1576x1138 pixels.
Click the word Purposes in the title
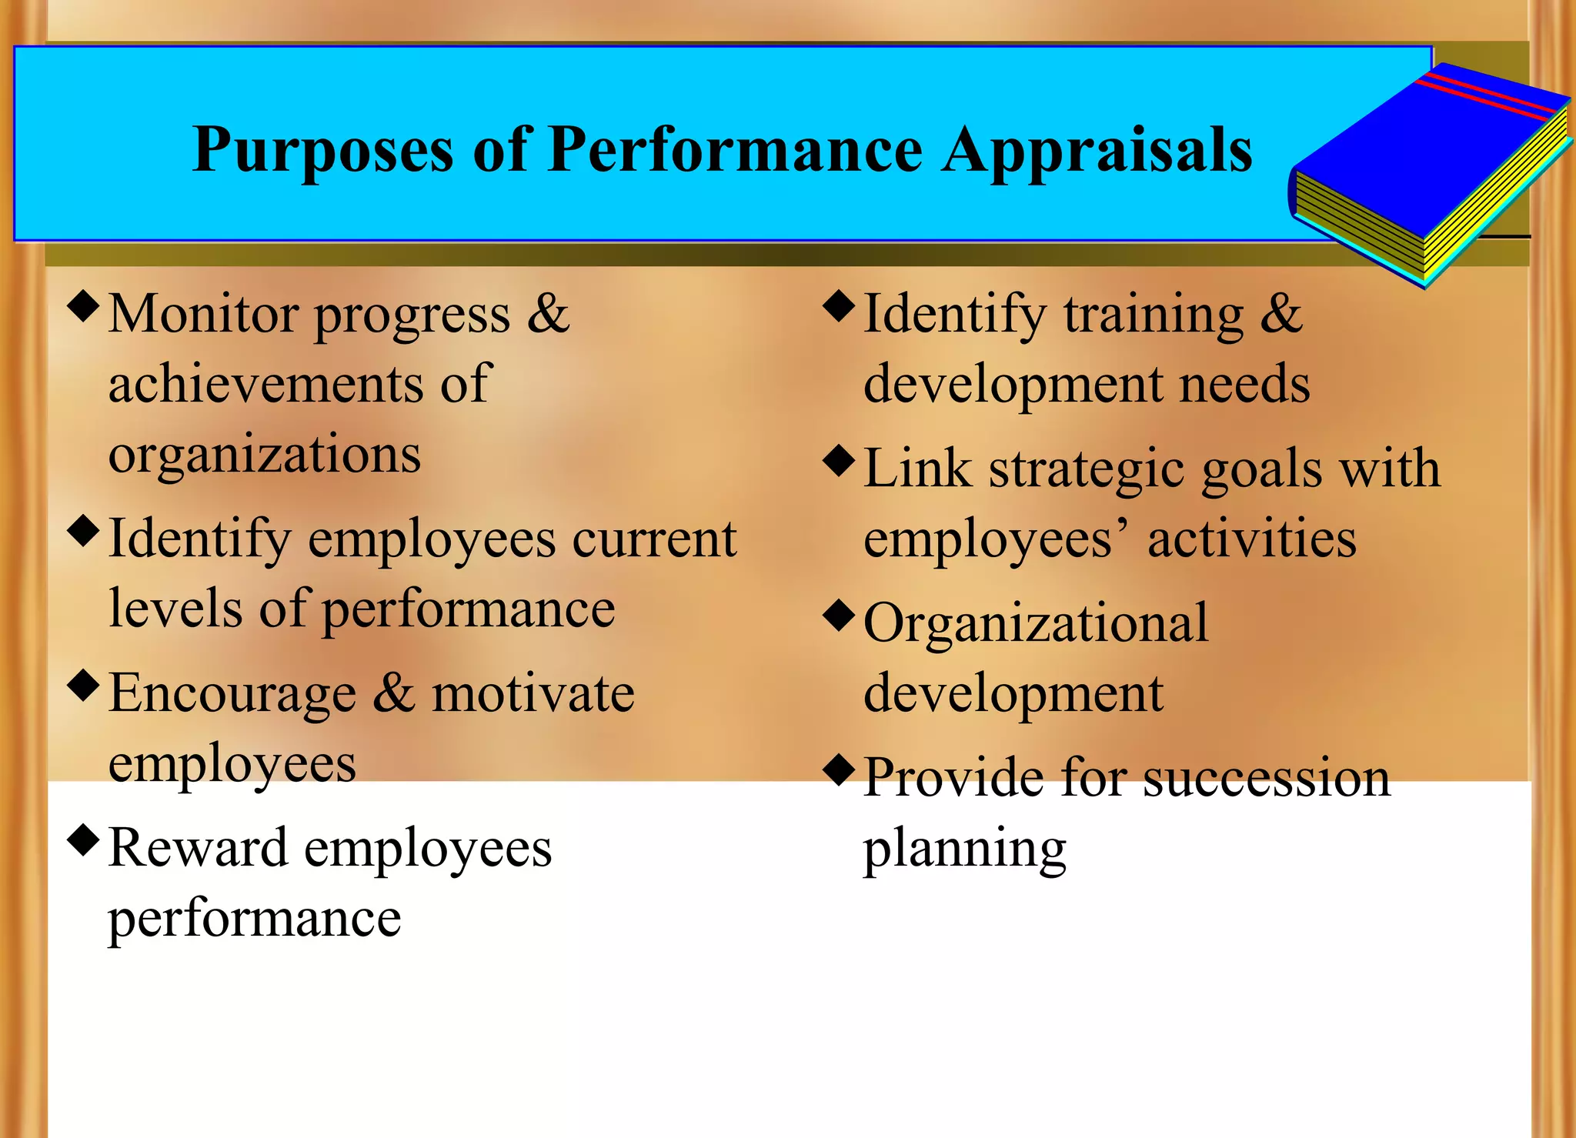tap(322, 150)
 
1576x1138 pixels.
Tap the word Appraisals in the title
tap(1098, 150)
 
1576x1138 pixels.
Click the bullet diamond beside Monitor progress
tap(84, 305)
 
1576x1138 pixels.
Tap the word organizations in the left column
tap(265, 454)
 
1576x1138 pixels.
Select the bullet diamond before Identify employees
tap(84, 530)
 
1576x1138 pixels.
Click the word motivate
tap(533, 693)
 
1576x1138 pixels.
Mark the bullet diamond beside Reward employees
tap(84, 839)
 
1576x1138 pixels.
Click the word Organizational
tap(1036, 622)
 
